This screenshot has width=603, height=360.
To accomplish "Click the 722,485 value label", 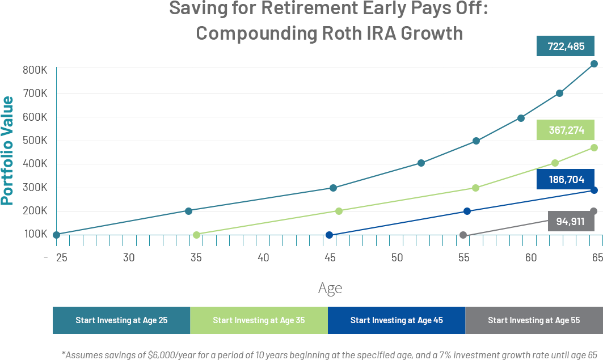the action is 566,46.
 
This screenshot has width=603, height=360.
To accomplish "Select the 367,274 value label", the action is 566,130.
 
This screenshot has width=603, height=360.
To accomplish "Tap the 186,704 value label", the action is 566,179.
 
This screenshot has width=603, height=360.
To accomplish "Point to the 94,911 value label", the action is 571,221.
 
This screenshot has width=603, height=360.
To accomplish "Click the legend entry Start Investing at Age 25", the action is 121,320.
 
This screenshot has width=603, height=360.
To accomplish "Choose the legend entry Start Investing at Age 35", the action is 259,320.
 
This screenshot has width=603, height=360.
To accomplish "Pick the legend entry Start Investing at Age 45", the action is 397,320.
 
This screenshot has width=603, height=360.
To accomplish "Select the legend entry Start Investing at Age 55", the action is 534,320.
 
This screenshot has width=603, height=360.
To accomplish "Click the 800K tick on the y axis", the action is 35,70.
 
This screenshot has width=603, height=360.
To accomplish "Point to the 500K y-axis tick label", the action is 35,140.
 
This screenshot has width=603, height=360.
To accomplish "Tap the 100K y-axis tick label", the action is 36,234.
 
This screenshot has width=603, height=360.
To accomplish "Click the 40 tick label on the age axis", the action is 263,257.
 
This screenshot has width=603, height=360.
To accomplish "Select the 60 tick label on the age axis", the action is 531,257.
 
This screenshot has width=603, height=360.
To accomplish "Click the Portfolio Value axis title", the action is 7,151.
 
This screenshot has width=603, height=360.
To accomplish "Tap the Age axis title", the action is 330,289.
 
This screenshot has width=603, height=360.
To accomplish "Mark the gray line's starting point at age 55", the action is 463,235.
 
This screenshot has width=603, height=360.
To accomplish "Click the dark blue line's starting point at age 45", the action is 329,235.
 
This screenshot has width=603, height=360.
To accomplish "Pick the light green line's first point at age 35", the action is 196,235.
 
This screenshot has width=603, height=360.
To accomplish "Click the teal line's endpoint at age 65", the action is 594,63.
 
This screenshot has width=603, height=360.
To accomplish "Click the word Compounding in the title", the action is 256,33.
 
